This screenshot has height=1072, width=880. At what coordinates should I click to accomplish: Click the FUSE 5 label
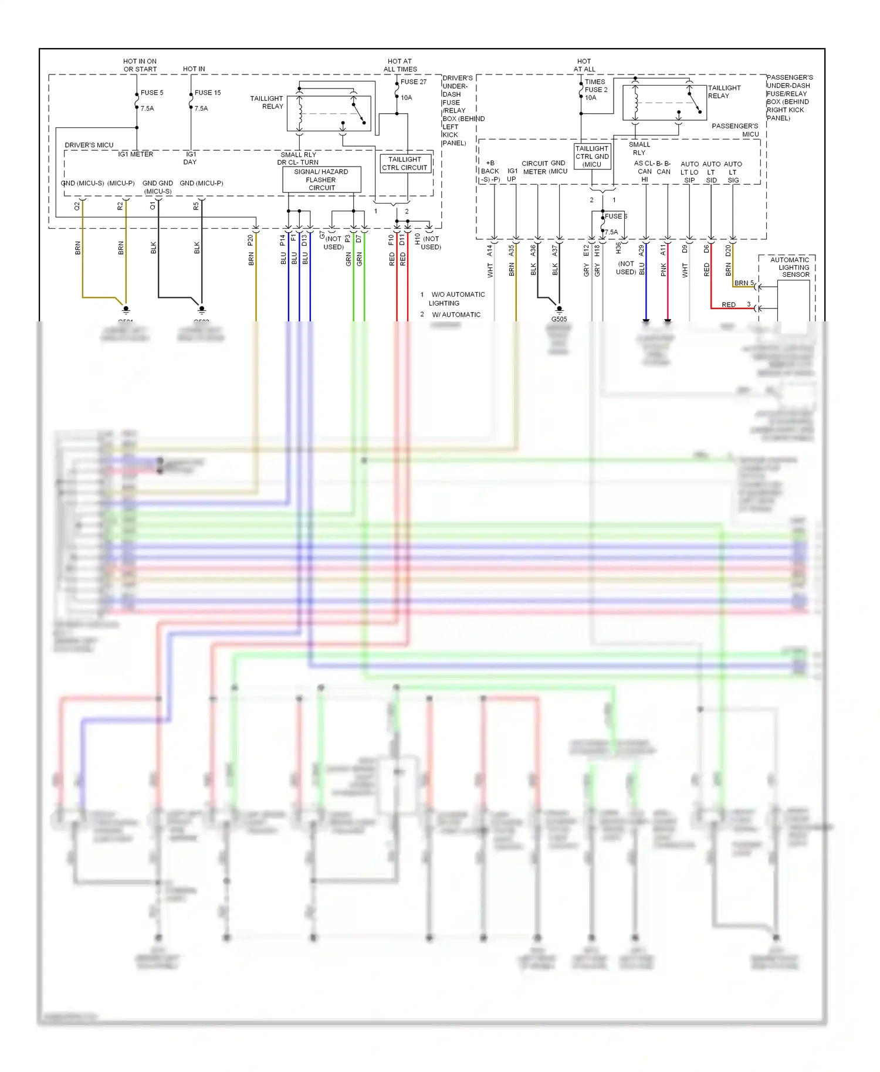pyautogui.click(x=152, y=93)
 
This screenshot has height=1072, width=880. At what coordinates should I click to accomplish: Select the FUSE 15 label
pyautogui.click(x=208, y=93)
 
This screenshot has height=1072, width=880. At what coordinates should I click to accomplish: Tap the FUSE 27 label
pyautogui.click(x=414, y=82)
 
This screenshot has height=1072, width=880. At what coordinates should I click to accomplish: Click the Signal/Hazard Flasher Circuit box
pyautogui.click(x=321, y=180)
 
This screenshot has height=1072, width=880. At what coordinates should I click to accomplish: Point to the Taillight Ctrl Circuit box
pyautogui.click(x=405, y=164)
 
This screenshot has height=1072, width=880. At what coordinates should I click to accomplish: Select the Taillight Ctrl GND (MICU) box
pyautogui.click(x=592, y=157)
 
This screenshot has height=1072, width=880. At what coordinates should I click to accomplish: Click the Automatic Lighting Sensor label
pyautogui.click(x=790, y=267)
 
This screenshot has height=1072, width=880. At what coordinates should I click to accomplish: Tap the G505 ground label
pyautogui.click(x=559, y=319)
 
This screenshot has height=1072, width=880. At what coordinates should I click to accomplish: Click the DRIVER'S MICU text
pyautogui.click(x=89, y=145)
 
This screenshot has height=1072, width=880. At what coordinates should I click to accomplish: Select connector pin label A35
pyautogui.click(x=511, y=250)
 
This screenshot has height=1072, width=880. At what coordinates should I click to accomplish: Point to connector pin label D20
pyautogui.click(x=728, y=250)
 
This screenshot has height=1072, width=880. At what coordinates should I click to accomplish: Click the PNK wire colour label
pyautogui.click(x=664, y=269)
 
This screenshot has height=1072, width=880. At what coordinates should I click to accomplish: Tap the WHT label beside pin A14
pyautogui.click(x=490, y=270)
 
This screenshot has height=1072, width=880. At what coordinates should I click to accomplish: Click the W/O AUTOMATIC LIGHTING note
pyautogui.click(x=457, y=298)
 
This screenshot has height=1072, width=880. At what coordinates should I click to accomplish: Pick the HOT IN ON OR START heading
pyautogui.click(x=140, y=65)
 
